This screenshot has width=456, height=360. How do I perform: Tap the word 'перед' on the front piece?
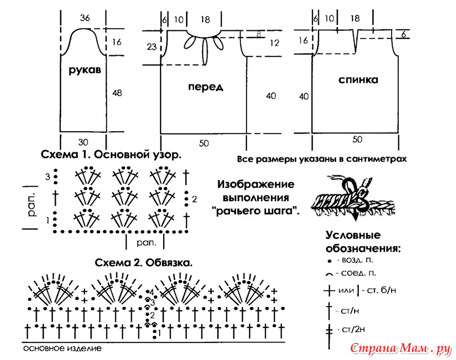coord(205,87)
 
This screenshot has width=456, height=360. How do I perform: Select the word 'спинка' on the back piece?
coord(358,80)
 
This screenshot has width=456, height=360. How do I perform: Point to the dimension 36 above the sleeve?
coord(85,18)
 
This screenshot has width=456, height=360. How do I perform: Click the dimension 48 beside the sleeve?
coord(117,93)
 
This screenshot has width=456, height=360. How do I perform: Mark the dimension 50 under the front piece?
coord(204,143)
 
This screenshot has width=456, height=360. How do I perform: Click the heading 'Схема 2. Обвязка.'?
coord(144,263)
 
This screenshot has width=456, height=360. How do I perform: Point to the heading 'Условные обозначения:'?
coord(362,242)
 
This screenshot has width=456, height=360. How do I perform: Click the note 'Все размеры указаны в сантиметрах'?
coord(322,159)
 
